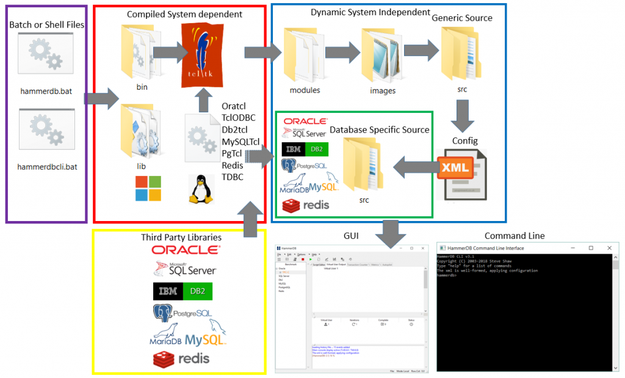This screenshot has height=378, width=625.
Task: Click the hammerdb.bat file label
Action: pos(46,91)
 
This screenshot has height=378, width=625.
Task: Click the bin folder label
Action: pos(142,87)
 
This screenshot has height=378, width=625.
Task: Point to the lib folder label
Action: pos(142,165)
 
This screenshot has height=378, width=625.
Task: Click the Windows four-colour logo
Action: pos(147,189)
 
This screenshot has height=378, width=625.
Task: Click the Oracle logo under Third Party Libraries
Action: pos(186,250)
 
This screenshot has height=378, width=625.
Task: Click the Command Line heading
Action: pos(515,236)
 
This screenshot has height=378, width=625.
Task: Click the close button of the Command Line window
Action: pos(609,248)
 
